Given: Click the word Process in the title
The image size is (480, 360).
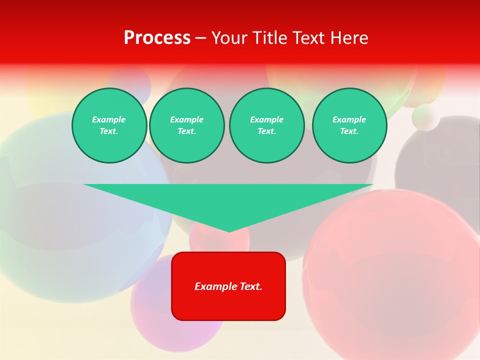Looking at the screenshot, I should (157, 38).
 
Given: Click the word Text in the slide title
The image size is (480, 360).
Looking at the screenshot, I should (309, 38).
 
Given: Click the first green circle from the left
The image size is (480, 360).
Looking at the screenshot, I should (109, 125).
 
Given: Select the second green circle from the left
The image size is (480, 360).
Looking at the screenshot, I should (186, 125).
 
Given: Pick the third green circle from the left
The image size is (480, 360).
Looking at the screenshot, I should (266, 125).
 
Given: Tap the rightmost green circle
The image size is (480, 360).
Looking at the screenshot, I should (349, 125).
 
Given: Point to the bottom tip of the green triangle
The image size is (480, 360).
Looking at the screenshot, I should (229, 231).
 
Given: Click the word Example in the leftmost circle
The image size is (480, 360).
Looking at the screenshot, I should (109, 119).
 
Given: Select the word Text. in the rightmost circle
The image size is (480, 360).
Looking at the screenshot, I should (349, 131).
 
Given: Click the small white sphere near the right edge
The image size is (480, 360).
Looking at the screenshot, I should (426, 117).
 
